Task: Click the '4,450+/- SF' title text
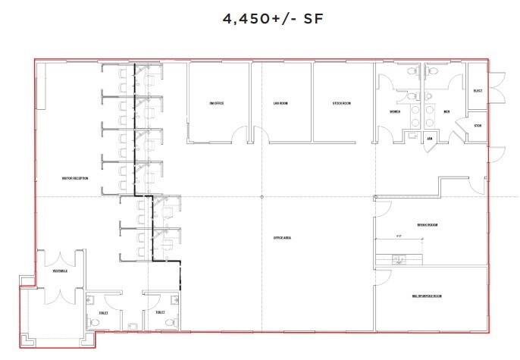click(x=260, y=20)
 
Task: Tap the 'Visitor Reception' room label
click(x=75, y=178)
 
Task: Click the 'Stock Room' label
click(x=341, y=103)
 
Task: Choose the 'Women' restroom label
click(x=395, y=112)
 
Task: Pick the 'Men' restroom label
click(x=446, y=112)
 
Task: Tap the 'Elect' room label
click(x=477, y=90)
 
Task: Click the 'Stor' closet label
click(x=478, y=125)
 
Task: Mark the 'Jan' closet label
click(x=429, y=139)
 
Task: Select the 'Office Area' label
click(x=282, y=238)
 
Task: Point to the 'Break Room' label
click(x=428, y=225)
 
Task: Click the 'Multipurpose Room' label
click(x=427, y=295)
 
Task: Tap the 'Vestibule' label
click(x=60, y=271)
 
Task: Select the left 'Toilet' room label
click(x=103, y=312)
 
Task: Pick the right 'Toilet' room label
click(x=160, y=312)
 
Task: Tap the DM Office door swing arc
click(x=239, y=134)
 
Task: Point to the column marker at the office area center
click(x=262, y=197)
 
